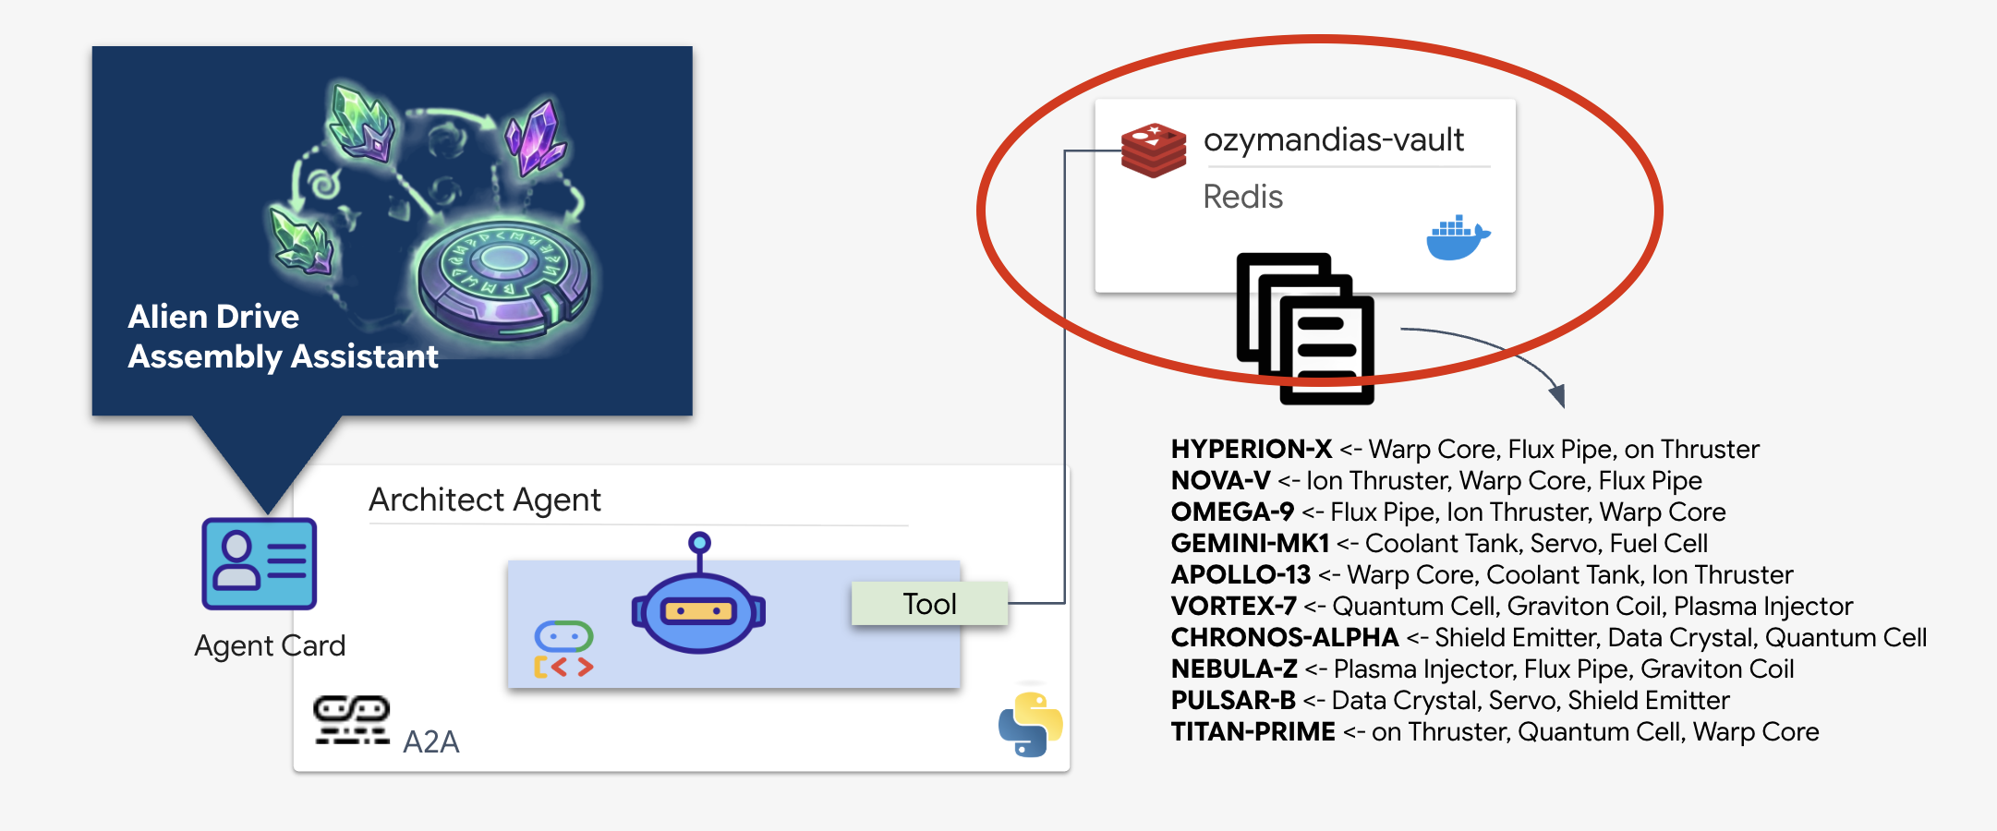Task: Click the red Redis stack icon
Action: pos(1153,150)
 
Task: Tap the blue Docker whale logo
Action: pos(1458,238)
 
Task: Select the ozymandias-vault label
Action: pos(1333,140)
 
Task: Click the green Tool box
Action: pos(929,604)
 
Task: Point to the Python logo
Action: pos(1030,725)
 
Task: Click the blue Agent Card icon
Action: pos(260,563)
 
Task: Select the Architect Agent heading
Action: pos(484,500)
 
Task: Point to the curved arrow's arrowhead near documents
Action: pos(1557,396)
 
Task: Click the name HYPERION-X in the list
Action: pos(1251,450)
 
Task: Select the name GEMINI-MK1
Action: pos(1250,544)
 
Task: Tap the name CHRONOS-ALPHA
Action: pos(1284,638)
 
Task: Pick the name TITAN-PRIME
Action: pos(1253,732)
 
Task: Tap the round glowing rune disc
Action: pos(503,277)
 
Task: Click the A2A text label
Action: pos(430,741)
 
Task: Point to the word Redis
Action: pos(1242,197)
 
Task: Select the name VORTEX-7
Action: pos(1233,607)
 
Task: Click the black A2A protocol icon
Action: pos(351,720)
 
